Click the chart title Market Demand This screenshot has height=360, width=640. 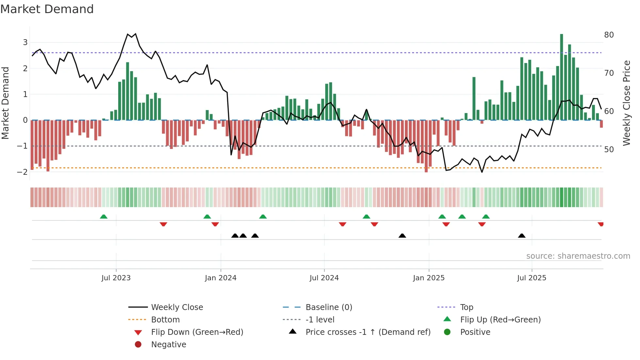tap(47, 9)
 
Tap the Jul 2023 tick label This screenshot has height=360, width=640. tap(116, 278)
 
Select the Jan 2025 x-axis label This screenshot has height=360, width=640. tap(428, 278)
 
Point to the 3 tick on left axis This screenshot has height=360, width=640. tap(25, 42)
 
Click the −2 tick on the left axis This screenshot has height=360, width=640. tap(23, 172)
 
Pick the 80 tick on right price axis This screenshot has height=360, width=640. tap(609, 35)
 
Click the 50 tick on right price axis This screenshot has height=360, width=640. tap(609, 150)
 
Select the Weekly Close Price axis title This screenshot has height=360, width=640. tap(626, 103)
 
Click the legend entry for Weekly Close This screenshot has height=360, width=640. tap(177, 307)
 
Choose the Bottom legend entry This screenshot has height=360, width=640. tap(165, 320)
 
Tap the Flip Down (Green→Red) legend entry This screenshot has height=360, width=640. tap(197, 332)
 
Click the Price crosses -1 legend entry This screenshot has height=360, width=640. tap(368, 332)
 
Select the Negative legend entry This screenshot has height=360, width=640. tap(168, 345)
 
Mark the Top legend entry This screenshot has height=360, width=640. tap(466, 307)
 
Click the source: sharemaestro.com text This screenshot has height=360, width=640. tap(578, 256)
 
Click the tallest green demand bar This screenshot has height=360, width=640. tap(561, 77)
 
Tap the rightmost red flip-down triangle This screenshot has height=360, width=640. tap(600, 224)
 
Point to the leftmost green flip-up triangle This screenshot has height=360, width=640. tap(104, 217)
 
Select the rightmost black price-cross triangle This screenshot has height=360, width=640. tap(521, 236)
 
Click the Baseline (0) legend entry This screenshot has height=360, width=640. tap(328, 307)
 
